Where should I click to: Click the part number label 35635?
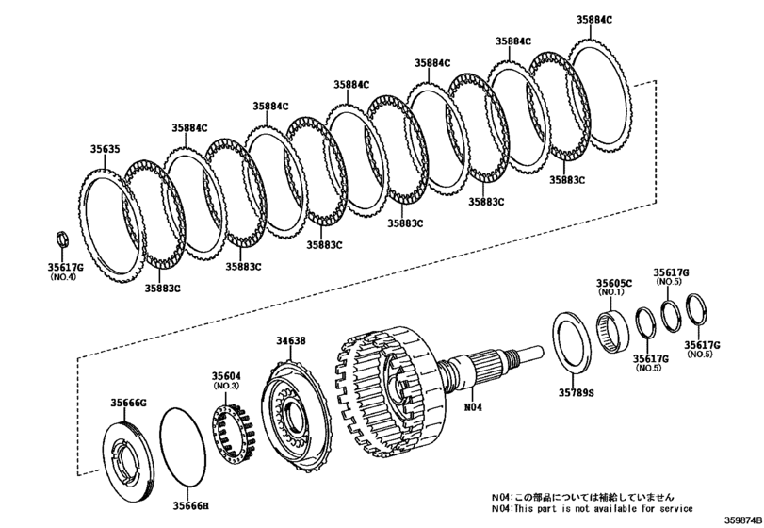[x=105, y=148]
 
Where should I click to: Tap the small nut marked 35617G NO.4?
[x=62, y=236]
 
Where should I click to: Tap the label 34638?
[x=290, y=340]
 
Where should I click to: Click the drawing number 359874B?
[x=742, y=520]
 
